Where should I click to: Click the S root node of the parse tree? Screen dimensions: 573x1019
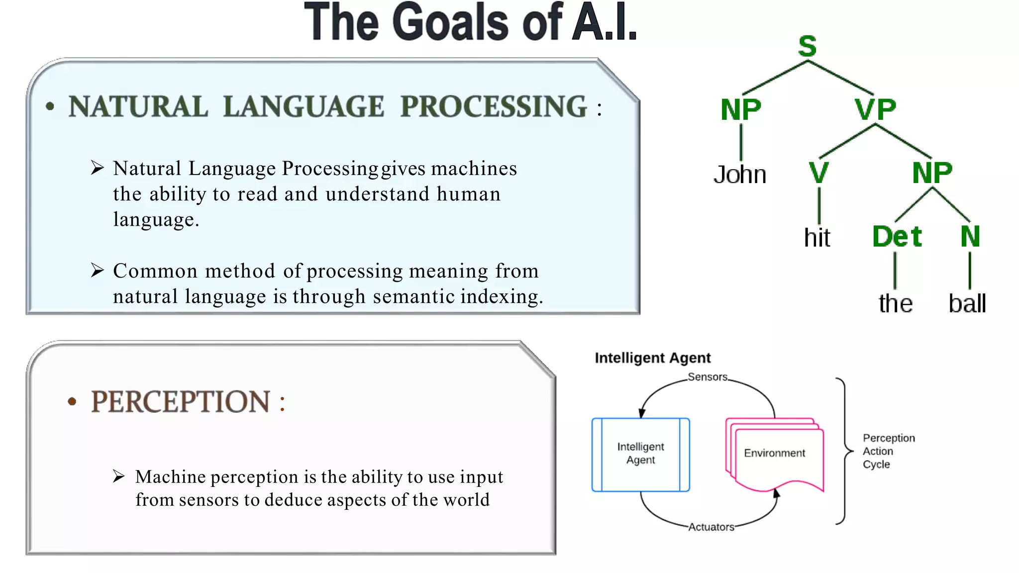[807, 46]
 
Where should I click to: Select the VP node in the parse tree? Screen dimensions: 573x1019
[875, 109]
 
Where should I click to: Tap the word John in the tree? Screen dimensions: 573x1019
[740, 175]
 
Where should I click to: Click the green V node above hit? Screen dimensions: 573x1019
[818, 173]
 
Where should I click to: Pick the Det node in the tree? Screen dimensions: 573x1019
[897, 236]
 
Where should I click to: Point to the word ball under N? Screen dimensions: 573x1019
[967, 303]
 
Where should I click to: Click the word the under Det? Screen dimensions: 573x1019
[895, 303]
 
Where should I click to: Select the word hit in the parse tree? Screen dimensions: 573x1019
[817, 238]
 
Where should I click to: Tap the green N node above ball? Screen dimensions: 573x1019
[970, 236]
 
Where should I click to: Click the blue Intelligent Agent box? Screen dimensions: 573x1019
[640, 454]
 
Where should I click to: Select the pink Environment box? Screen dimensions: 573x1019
[775, 453]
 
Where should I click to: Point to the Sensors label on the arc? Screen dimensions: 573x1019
[708, 377]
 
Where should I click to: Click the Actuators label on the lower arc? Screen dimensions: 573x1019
[711, 527]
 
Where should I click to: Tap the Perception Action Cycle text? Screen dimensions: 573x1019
[888, 451]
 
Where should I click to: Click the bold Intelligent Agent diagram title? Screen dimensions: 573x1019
[652, 358]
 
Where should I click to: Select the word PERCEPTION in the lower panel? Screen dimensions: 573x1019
[181, 402]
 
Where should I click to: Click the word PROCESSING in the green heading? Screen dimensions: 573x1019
[494, 106]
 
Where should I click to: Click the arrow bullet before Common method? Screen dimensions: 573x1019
[98, 270]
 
